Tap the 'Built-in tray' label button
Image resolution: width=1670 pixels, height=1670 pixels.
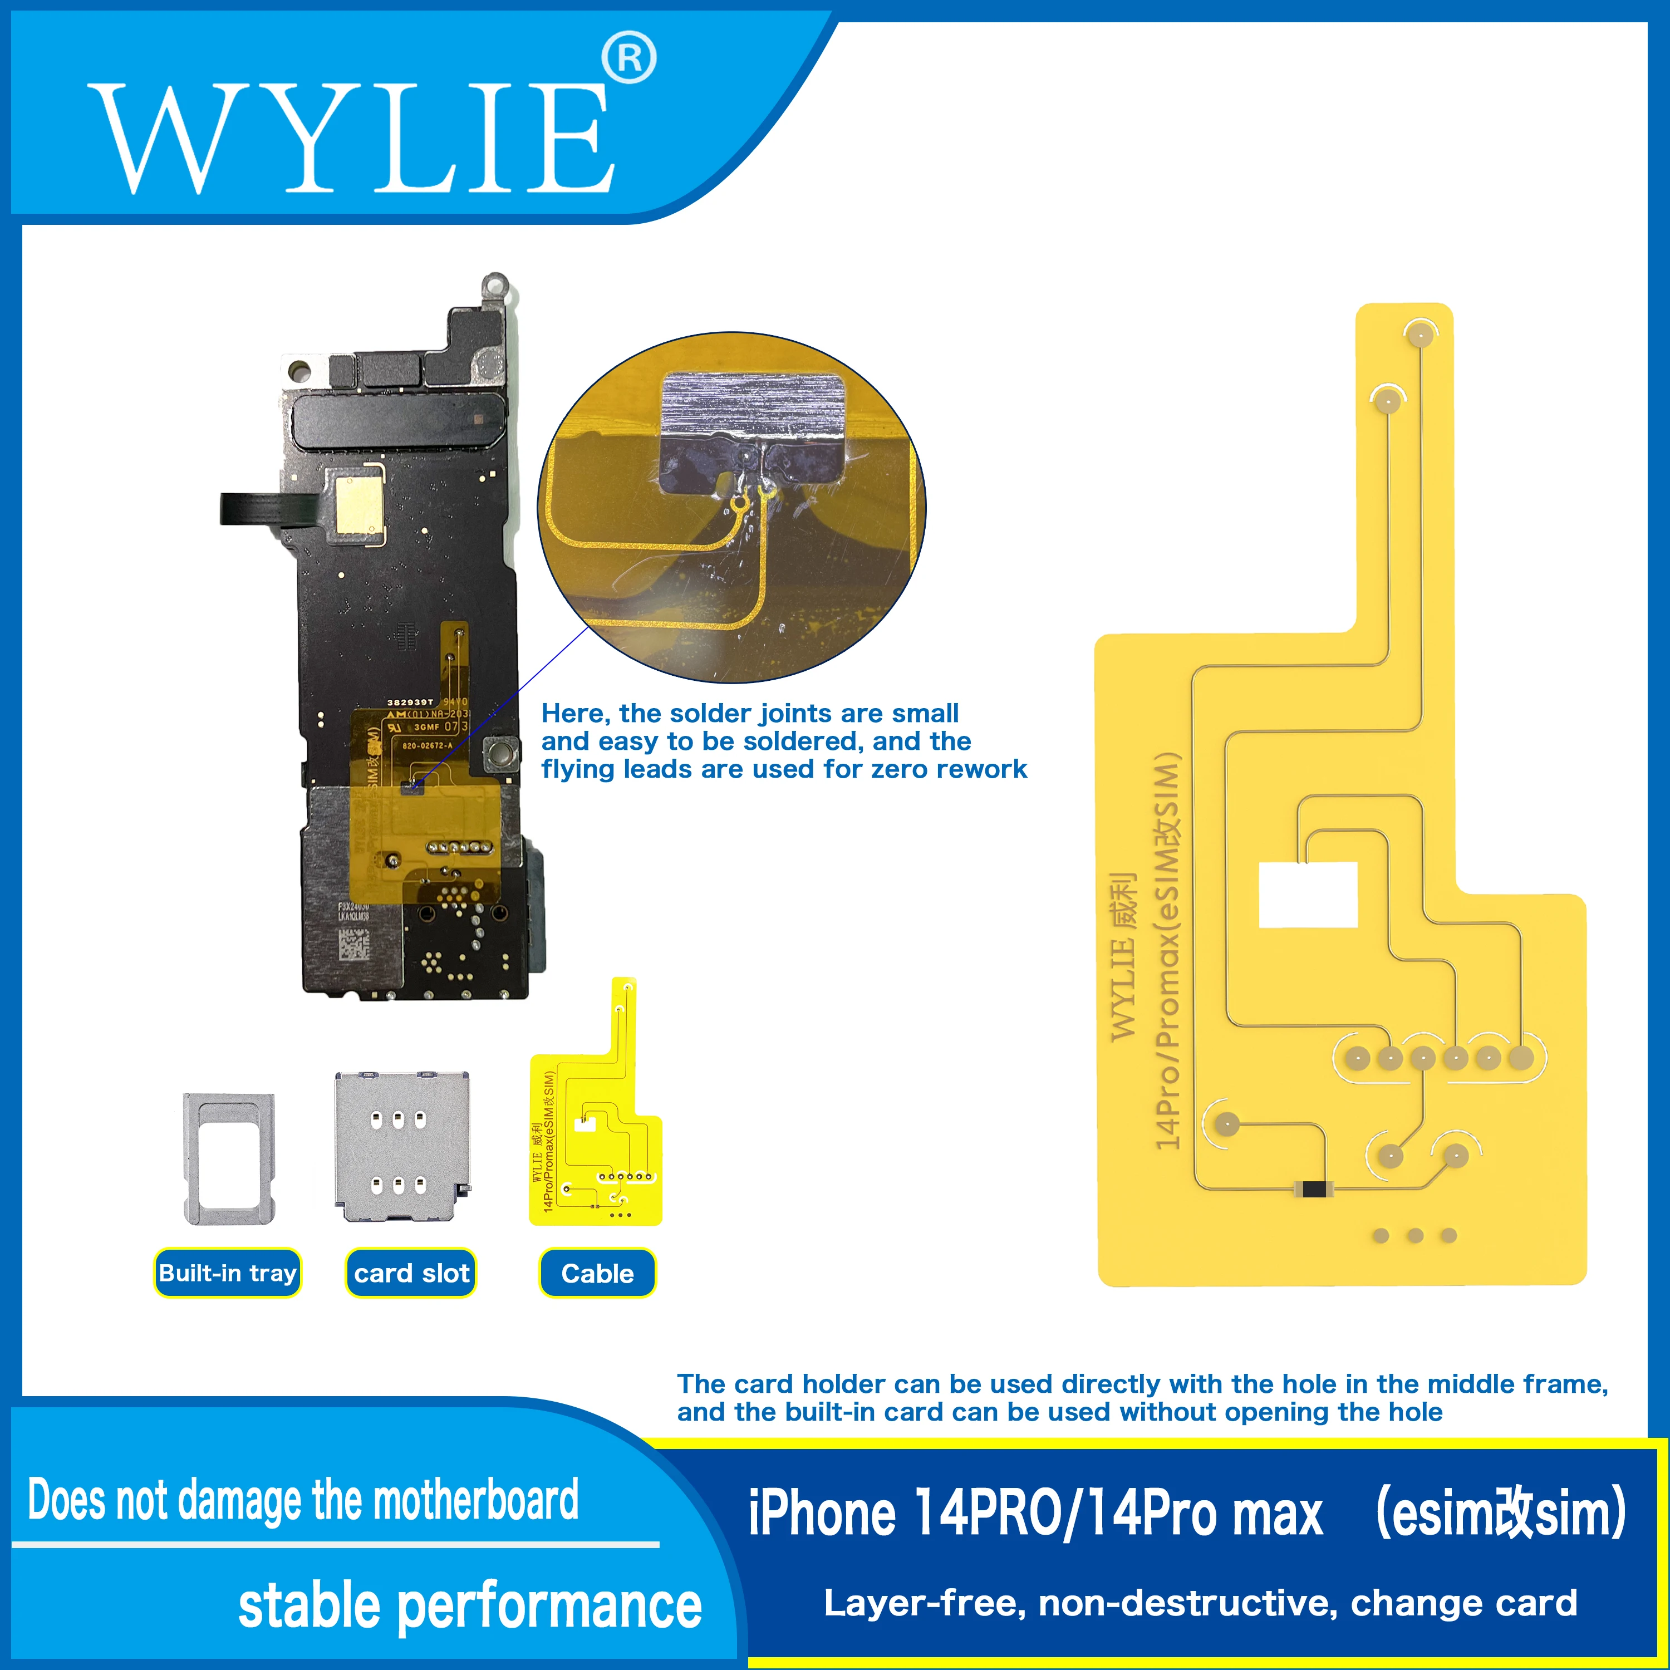pyautogui.click(x=227, y=1273)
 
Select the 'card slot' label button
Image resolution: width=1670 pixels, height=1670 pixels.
pyautogui.click(x=411, y=1273)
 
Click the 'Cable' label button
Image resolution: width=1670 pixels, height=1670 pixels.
pyautogui.click(x=597, y=1273)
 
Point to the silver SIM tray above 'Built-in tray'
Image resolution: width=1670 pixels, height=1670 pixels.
pyautogui.click(x=229, y=1158)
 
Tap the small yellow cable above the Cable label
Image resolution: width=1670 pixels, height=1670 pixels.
pyautogui.click(x=596, y=1124)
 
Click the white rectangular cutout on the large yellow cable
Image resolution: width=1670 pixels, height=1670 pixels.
pyautogui.click(x=1308, y=895)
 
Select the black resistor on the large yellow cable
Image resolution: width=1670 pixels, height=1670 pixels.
pyautogui.click(x=1313, y=1190)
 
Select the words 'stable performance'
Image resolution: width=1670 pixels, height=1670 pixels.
pyautogui.click(x=469, y=1607)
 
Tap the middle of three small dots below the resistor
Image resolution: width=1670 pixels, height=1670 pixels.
pyautogui.click(x=1415, y=1236)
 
